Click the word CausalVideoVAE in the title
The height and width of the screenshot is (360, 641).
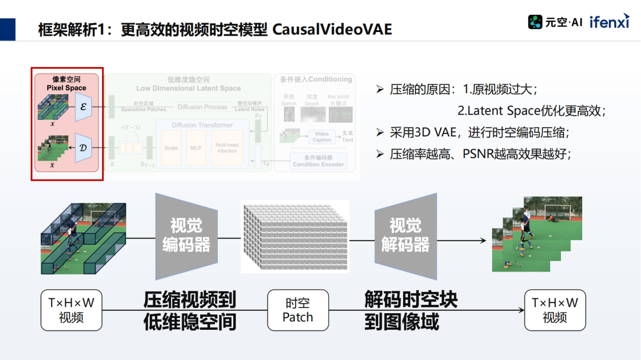[x=332, y=29]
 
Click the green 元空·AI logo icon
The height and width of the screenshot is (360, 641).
[x=535, y=22]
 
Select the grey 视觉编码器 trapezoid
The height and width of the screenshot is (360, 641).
[x=186, y=235]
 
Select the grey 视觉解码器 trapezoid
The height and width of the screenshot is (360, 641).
[x=405, y=235]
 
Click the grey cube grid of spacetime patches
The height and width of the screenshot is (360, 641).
[x=294, y=236]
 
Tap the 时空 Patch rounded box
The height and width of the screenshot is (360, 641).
[x=297, y=310]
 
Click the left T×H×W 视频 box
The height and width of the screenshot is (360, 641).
[x=71, y=310]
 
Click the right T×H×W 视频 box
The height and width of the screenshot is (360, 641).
[x=555, y=310]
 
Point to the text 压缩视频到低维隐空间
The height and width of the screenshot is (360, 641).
[x=190, y=310]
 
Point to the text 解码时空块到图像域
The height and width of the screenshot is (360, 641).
[x=411, y=310]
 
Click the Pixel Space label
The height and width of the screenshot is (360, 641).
[x=66, y=88]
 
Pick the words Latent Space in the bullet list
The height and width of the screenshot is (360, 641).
[x=502, y=110]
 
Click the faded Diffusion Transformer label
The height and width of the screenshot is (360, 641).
[x=202, y=125]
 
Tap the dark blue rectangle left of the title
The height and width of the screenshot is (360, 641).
[x=8, y=29]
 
